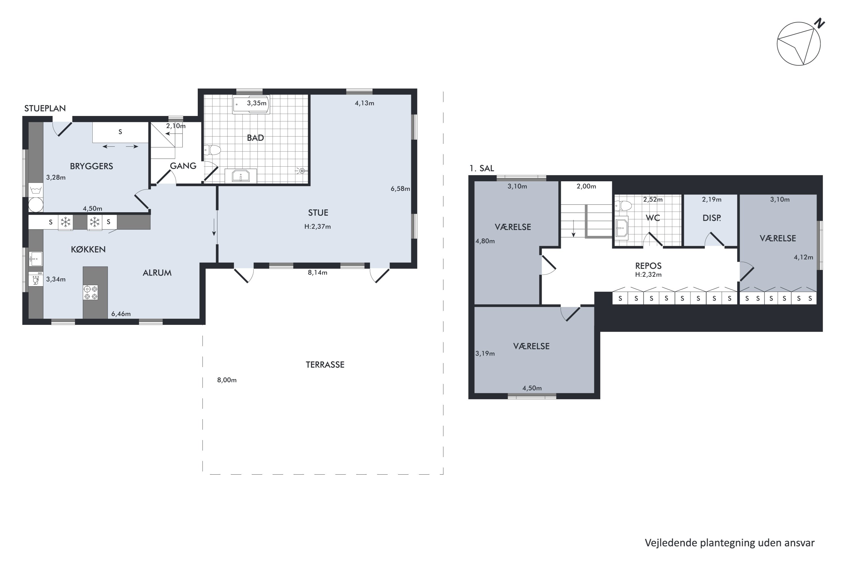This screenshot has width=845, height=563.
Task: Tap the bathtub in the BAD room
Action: (251, 104)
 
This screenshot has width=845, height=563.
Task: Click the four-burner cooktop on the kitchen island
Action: (90, 292)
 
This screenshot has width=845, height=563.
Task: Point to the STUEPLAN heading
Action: (45, 108)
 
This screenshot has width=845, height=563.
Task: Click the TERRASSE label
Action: (325, 365)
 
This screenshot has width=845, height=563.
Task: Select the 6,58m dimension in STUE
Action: (400, 189)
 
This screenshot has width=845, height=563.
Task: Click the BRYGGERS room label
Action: (91, 166)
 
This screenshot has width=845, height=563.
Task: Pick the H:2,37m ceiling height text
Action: (318, 227)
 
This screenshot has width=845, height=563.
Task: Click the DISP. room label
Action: (711, 218)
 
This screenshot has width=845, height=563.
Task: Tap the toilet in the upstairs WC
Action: (623, 206)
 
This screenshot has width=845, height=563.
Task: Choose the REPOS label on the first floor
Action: (648, 266)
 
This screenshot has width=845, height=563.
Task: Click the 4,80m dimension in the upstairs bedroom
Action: (485, 241)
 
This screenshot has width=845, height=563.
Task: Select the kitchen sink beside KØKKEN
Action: (35, 258)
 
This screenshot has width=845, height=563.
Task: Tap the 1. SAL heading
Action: (481, 168)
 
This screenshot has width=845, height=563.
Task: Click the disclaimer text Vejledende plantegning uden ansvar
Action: (730, 543)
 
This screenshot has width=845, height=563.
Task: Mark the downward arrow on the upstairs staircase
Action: (574, 228)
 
